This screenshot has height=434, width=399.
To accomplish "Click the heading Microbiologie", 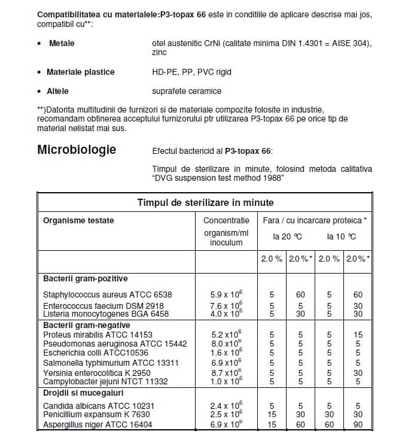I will (x=77, y=150).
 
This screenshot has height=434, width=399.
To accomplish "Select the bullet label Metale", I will (x=62, y=44).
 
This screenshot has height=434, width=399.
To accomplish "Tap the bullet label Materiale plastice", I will (x=80, y=72).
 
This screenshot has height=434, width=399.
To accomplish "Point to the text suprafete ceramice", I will (x=187, y=92).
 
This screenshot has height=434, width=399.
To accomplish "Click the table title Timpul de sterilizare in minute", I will (x=205, y=203).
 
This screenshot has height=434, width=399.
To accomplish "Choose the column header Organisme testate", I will (x=78, y=220).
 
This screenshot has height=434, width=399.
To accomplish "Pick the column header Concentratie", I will (x=226, y=220).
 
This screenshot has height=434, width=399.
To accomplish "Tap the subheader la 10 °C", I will (x=342, y=236).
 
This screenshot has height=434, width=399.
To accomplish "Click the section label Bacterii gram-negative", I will (x=86, y=325).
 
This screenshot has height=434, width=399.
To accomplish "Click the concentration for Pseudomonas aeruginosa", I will (x=226, y=344).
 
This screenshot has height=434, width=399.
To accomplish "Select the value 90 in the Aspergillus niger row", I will (x=358, y=424).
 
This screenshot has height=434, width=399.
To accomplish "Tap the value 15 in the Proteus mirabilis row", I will (x=358, y=334).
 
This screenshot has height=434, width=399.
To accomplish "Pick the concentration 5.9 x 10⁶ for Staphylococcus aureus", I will (x=226, y=295).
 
